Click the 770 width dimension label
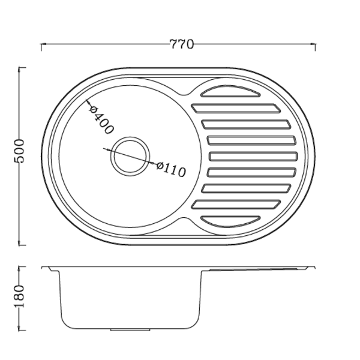(182, 44)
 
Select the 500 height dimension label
(19, 151)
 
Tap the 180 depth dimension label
(19, 296)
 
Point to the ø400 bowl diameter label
(101, 119)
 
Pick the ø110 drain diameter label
(171, 169)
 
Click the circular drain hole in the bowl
(130, 157)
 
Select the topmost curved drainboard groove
(230, 91)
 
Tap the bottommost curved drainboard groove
(230, 221)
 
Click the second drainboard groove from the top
(236, 109)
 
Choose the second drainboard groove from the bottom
(236, 205)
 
